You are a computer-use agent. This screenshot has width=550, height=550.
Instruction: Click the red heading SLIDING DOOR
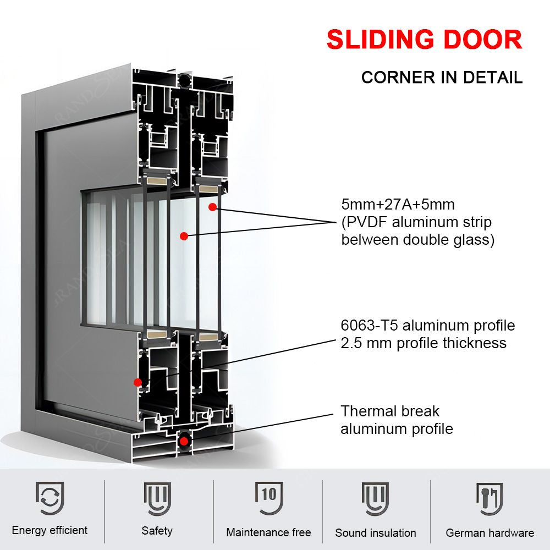(424, 40)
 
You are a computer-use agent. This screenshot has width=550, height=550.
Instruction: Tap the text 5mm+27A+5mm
(398, 205)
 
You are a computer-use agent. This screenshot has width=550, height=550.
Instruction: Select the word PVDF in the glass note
(367, 222)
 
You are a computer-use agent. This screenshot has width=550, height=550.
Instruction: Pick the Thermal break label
(390, 411)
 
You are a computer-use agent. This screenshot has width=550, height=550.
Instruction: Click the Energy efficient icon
(50, 498)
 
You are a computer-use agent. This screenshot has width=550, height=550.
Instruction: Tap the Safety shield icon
(157, 498)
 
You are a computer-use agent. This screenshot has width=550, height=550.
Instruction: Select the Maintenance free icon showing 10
(269, 498)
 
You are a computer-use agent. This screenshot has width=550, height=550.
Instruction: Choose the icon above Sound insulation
(375, 498)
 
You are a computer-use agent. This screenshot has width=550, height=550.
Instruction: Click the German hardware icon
(489, 498)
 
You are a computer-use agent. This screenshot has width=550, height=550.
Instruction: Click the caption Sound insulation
(376, 532)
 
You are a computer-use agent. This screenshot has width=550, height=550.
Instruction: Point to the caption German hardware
(490, 532)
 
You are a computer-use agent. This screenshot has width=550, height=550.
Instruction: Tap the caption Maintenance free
(268, 532)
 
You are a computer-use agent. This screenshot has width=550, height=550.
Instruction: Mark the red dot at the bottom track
(184, 440)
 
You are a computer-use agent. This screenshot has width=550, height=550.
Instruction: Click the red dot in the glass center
(184, 236)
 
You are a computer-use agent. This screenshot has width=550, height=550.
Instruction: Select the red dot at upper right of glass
(211, 207)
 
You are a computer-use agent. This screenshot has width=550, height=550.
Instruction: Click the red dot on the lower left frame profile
(137, 382)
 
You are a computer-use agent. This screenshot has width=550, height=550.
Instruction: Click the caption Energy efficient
(50, 530)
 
